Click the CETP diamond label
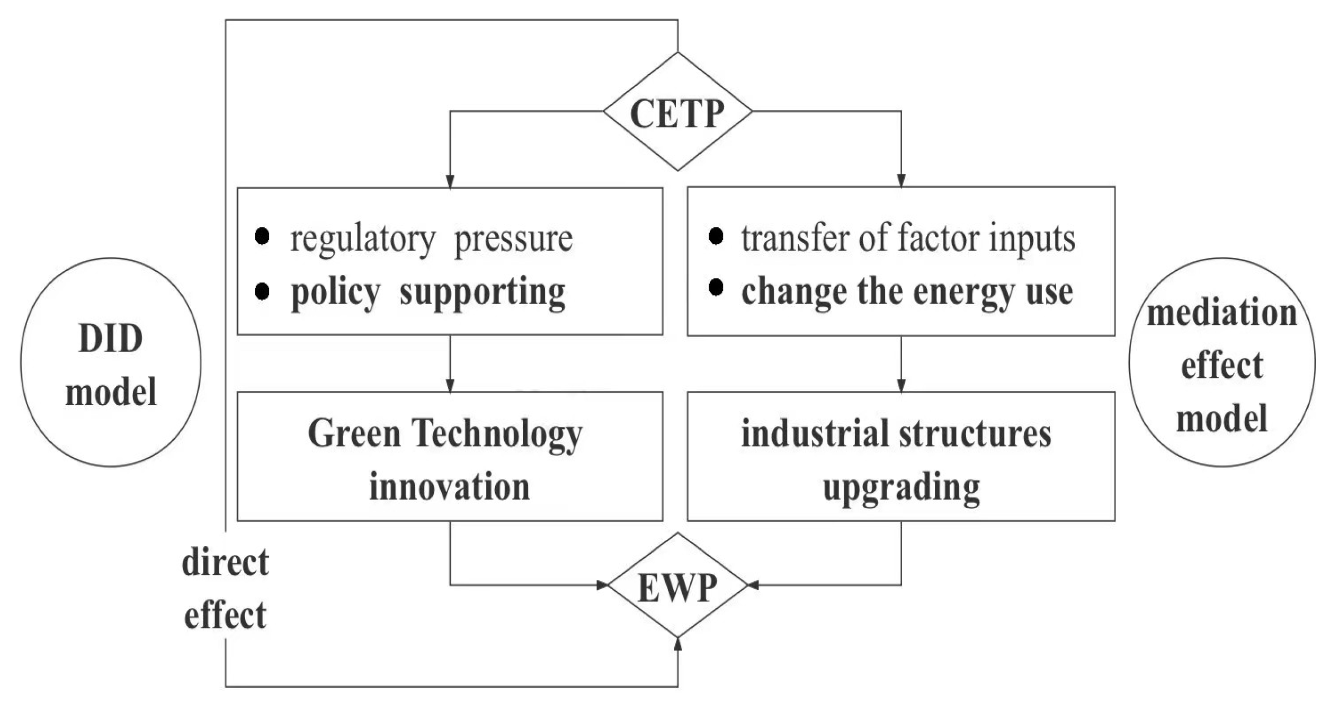pos(677,113)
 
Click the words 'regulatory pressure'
pos(431,239)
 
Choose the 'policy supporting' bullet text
pos(428,292)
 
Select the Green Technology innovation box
pos(450,457)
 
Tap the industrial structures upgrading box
pos(900,457)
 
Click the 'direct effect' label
pos(225,588)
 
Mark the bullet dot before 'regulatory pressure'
pos(262,236)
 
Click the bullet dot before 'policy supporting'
pos(262,291)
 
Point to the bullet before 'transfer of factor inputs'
pos(716,236)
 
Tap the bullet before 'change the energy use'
pos(716,288)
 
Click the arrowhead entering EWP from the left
pos(603,585)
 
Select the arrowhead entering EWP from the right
pos(753,585)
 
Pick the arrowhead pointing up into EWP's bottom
pos(677,643)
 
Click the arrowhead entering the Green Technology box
pos(450,386)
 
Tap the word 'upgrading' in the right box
pos(900,487)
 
